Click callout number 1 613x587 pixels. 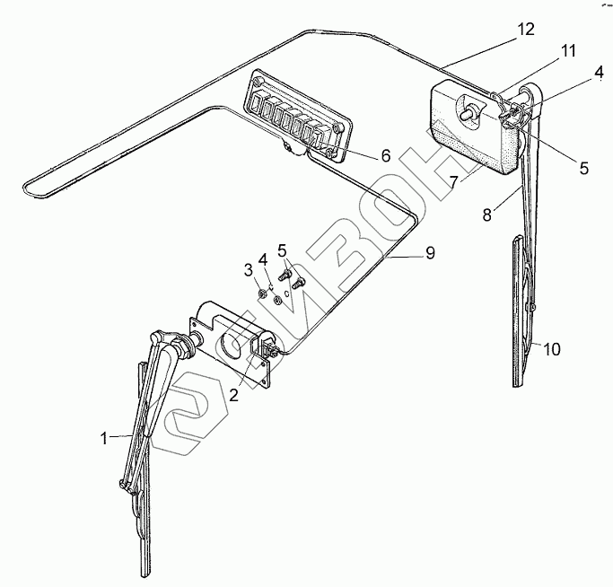[x=105, y=438]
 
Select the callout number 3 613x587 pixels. [x=249, y=270]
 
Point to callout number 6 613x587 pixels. [x=386, y=155]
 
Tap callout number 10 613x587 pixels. [x=552, y=348]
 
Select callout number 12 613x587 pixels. [x=526, y=29]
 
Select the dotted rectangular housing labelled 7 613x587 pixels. [x=467, y=130]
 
